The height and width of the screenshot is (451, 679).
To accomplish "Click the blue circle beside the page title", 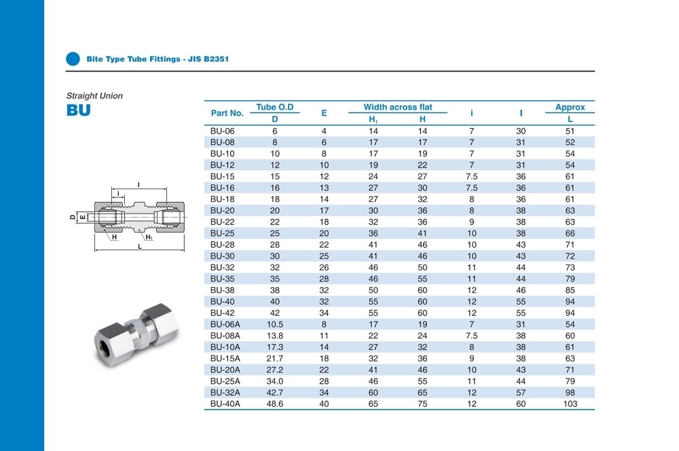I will click(73, 59).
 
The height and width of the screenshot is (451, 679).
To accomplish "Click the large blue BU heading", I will click(78, 111).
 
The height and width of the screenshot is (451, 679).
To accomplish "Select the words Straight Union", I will click(94, 96).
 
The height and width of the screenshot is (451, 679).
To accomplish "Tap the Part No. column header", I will click(227, 113).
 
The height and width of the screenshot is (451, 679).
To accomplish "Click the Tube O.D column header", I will click(275, 107).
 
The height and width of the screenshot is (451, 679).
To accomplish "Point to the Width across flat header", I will click(398, 107).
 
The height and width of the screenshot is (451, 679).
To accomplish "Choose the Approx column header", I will click(570, 107).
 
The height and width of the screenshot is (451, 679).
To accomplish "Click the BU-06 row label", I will click(222, 131).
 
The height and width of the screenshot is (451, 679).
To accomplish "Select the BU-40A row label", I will click(225, 404).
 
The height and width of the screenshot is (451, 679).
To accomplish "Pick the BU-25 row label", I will click(222, 233).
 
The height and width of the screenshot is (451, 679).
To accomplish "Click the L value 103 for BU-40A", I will click(570, 404).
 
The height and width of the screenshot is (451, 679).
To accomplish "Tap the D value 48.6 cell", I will click(275, 404).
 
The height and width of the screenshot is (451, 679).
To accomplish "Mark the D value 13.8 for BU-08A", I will click(275, 336).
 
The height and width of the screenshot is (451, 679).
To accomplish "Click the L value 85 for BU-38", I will click(570, 290).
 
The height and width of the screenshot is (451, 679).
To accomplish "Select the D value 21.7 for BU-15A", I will click(275, 358).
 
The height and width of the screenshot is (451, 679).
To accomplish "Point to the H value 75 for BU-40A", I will click(422, 404).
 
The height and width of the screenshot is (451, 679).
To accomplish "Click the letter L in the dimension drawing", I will click(139, 247).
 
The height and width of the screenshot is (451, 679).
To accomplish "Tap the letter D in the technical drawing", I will click(72, 217).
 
